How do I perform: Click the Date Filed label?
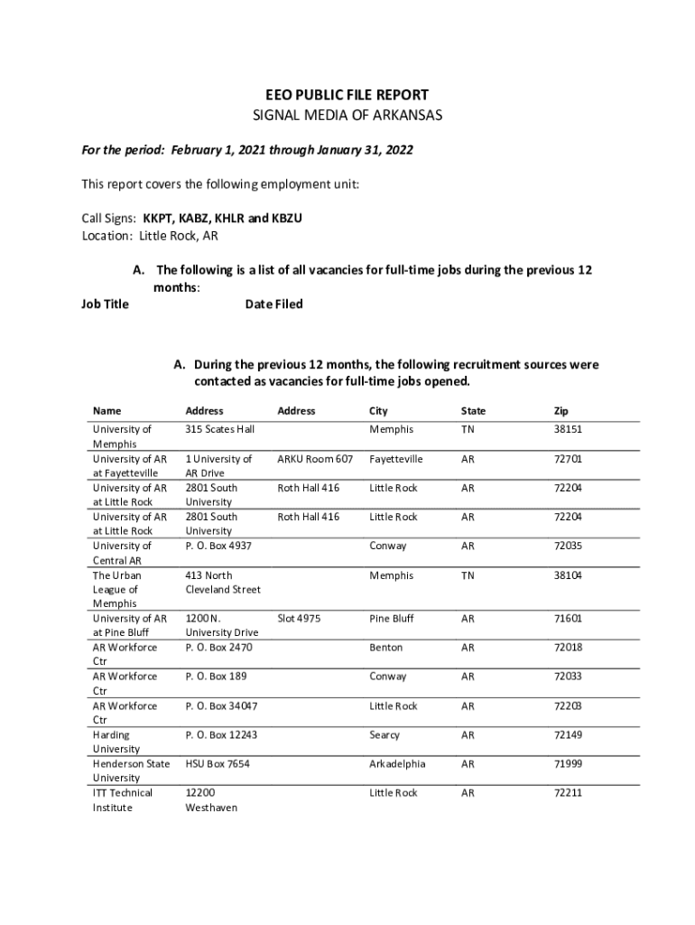pyautogui.click(x=273, y=304)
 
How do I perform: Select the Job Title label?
pyautogui.click(x=105, y=304)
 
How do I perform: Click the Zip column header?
pyautogui.click(x=561, y=411)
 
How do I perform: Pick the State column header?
pyautogui.click(x=473, y=411)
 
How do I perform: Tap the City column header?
pyautogui.click(x=378, y=411)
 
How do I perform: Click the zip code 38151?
pyautogui.click(x=568, y=430)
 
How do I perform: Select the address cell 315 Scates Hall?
pyautogui.click(x=220, y=430)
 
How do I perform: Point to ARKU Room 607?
pyautogui.click(x=315, y=459)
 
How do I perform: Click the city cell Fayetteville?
pyautogui.click(x=395, y=459)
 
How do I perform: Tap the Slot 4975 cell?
pyautogui.click(x=299, y=619)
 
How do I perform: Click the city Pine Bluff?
pyautogui.click(x=392, y=619)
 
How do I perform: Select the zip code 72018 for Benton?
pyautogui.click(x=568, y=648)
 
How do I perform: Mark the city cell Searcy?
pyautogui.click(x=385, y=735)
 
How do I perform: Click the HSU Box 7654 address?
pyautogui.click(x=218, y=764)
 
